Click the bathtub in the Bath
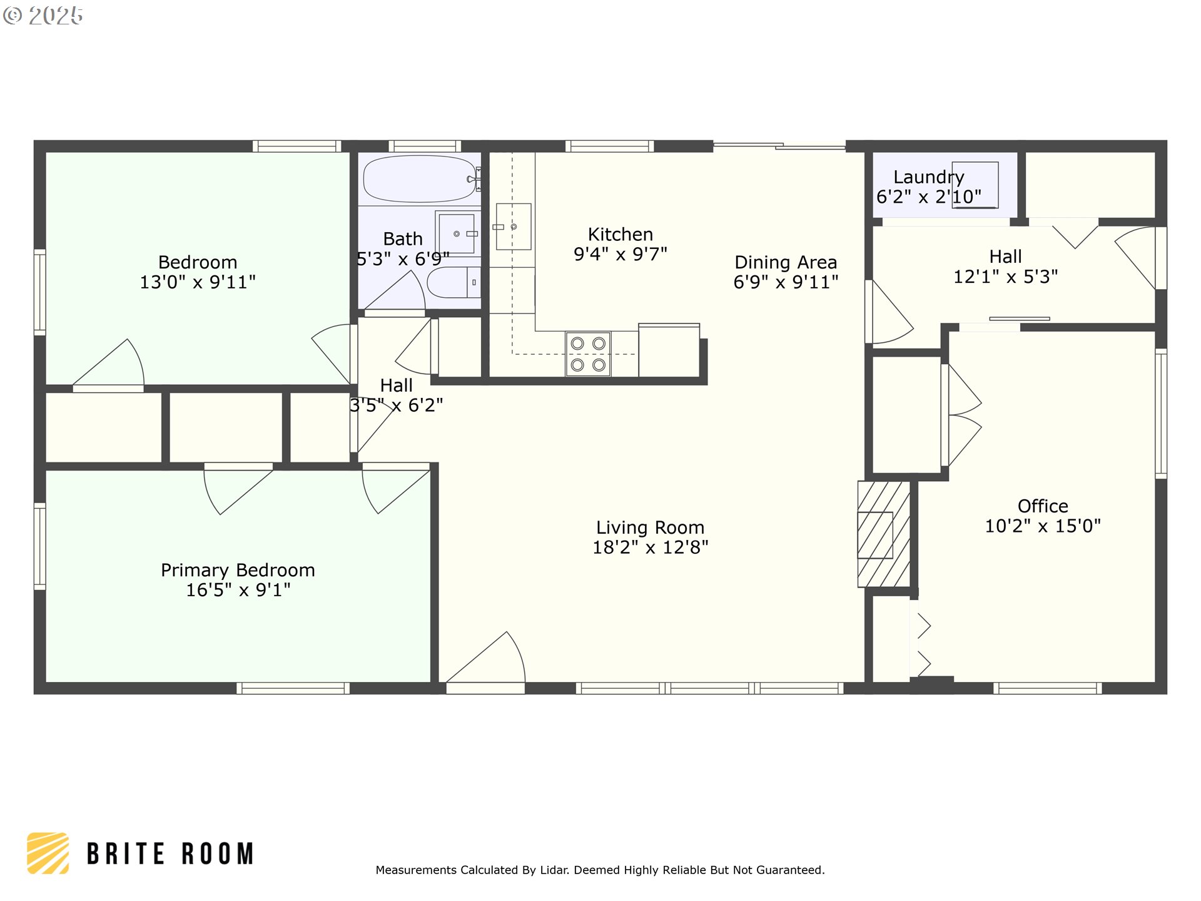click(x=420, y=178)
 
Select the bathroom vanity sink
click(x=457, y=233)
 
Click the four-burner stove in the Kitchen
click(x=588, y=354)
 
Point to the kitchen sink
click(x=514, y=227)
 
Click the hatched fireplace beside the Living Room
click(x=883, y=534)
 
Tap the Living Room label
click(x=650, y=527)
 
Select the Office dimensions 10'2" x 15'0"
click(x=1043, y=526)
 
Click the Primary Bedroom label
click(x=238, y=570)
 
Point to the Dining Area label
click(x=786, y=262)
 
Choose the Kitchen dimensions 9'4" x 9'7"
click(x=621, y=254)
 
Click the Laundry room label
click(x=928, y=177)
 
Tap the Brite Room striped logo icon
click(x=48, y=853)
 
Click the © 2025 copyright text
click(x=43, y=16)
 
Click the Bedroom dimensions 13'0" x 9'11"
click(x=198, y=282)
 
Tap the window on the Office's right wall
click(x=1161, y=414)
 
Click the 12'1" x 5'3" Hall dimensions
click(x=1005, y=277)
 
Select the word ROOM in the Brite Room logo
click(x=218, y=854)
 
